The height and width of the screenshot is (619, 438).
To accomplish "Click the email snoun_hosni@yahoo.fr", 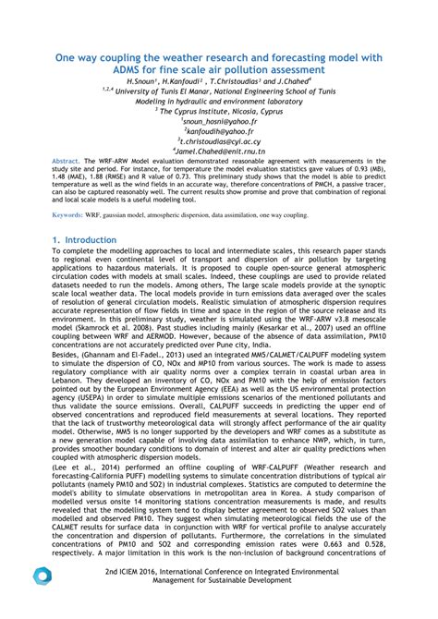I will click(x=219, y=120).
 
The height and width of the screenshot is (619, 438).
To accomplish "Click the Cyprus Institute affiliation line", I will click(x=219, y=110).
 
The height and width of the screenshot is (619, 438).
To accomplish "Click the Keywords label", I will click(x=70, y=214).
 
